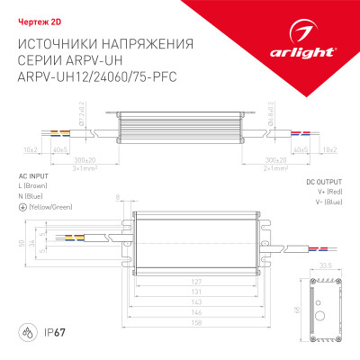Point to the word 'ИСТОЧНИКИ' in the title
[63, 43]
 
